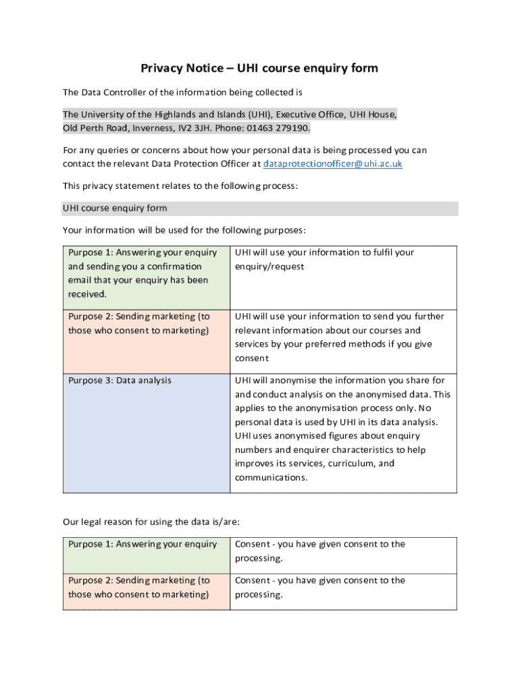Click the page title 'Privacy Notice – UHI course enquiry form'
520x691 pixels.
click(259, 68)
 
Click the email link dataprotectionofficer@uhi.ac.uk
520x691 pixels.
click(332, 164)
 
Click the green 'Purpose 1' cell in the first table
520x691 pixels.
click(146, 273)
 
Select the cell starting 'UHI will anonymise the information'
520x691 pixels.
click(342, 429)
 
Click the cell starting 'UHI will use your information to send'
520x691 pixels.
click(342, 337)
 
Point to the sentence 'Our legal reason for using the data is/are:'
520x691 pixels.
click(151, 522)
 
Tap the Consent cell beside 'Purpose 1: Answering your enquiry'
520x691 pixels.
click(342, 551)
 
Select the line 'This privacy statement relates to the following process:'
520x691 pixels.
click(180, 186)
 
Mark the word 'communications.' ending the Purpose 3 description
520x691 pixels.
click(271, 478)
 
